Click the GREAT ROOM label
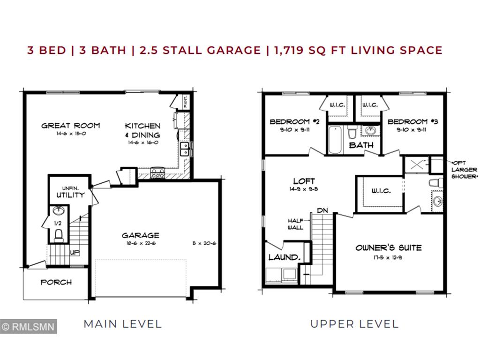(x=70, y=125)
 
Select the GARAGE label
(x=140, y=235)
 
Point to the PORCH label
(x=56, y=282)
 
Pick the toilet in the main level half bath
(x=59, y=233)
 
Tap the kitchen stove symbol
(x=157, y=173)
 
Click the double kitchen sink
(x=185, y=149)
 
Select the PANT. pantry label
(x=186, y=102)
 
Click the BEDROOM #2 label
(x=294, y=122)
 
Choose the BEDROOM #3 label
(x=412, y=122)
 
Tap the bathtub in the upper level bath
(x=335, y=139)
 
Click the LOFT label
(x=304, y=181)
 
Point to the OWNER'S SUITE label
(x=388, y=247)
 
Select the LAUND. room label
(x=284, y=257)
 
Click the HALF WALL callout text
(x=295, y=224)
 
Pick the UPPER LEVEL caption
(x=354, y=323)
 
